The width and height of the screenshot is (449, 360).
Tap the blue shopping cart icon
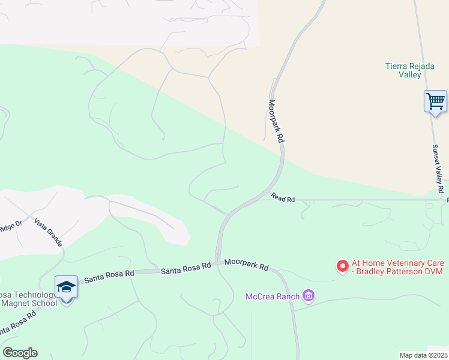click(435, 101)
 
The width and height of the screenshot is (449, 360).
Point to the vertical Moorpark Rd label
click(276, 121)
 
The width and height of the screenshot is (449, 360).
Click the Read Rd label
click(282, 197)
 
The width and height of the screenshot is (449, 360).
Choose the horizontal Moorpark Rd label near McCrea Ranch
click(246, 264)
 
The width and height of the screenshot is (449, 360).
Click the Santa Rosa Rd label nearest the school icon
click(109, 276)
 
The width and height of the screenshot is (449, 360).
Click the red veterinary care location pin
click(343, 265)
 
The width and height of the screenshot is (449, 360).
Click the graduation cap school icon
click(66, 287)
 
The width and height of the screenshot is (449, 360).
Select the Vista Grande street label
click(48, 233)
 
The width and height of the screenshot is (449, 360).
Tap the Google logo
click(20, 353)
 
